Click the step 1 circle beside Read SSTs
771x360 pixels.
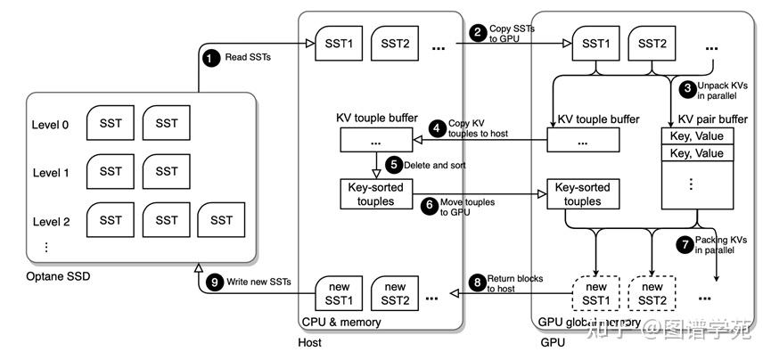pyautogui.click(x=211, y=59)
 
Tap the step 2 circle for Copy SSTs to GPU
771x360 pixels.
pyautogui.click(x=479, y=32)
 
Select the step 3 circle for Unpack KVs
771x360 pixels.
pyautogui.click(x=687, y=88)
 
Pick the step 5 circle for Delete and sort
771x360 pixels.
pyautogui.click(x=394, y=165)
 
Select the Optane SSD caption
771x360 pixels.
pyautogui.click(x=58, y=276)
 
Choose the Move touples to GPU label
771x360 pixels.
pyautogui.click(x=467, y=208)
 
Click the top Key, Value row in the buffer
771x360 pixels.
pyautogui.click(x=697, y=137)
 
